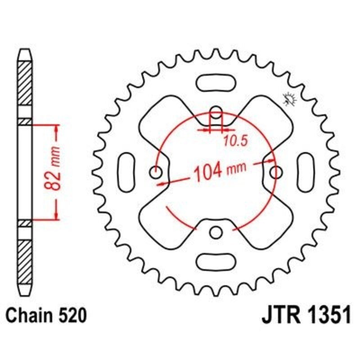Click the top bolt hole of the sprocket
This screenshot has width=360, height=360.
tap(216, 112)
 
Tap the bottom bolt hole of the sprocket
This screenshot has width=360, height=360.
tap(216, 232)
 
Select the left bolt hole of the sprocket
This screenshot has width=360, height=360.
tap(156, 172)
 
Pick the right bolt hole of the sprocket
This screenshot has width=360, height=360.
tap(276, 172)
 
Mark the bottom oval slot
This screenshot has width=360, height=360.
tap(216, 261)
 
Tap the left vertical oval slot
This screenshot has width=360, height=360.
tap(127, 172)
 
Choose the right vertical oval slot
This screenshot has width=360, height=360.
tap(306, 172)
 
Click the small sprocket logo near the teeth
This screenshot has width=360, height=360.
tap(288, 99)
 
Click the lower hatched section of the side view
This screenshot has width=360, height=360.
tap(25, 261)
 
